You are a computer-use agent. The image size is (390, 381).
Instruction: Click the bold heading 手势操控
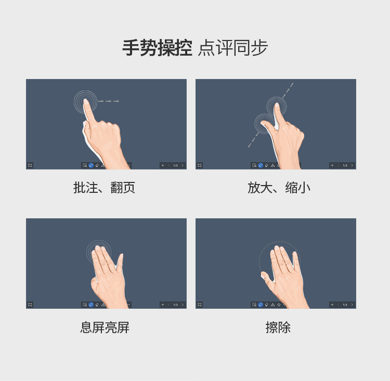point(157,48)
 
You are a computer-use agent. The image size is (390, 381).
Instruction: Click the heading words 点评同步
point(233,48)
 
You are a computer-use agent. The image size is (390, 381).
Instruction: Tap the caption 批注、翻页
point(104,188)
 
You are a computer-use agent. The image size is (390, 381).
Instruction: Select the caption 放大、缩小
point(279,188)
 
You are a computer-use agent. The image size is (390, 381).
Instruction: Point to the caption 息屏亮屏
point(105,327)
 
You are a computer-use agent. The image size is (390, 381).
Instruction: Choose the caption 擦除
point(278,327)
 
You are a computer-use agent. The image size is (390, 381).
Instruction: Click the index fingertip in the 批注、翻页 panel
point(86,101)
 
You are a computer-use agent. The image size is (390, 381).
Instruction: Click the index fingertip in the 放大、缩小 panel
point(276,106)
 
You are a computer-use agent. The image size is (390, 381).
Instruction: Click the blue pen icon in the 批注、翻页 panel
point(91,165)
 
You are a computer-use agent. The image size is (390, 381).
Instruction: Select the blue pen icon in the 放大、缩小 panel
point(261,165)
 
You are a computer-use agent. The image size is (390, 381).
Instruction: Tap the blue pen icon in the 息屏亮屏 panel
point(91,305)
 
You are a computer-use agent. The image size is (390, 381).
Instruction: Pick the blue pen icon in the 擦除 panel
point(261,305)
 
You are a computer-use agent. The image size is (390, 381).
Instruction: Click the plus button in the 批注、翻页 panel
point(163,165)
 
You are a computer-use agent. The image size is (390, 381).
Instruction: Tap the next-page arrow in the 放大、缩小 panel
point(352,165)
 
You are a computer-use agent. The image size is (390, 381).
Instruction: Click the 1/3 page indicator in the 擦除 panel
point(345,305)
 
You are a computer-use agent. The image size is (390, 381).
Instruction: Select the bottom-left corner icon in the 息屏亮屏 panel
point(30,305)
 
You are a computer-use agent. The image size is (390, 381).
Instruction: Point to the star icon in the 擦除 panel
point(279,305)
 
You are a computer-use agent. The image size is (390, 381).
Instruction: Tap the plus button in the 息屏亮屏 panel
point(163,305)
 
